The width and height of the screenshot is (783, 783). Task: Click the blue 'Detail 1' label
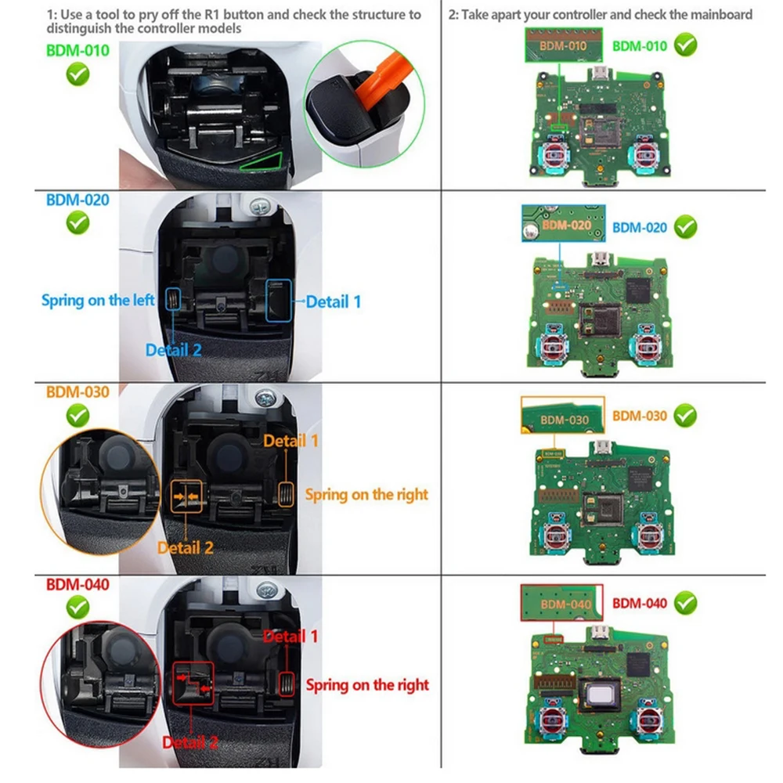[334, 301]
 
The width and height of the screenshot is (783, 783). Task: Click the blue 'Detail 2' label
[173, 350]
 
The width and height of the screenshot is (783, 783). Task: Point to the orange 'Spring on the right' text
[367, 494]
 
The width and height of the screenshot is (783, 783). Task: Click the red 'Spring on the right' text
[367, 685]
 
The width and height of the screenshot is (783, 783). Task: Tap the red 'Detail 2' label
[190, 742]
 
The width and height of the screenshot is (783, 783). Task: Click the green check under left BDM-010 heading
[78, 75]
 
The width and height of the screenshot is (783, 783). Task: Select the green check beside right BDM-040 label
[685, 603]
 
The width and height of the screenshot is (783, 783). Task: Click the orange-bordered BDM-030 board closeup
[562, 415]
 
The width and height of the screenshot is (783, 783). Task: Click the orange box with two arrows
[187, 496]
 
